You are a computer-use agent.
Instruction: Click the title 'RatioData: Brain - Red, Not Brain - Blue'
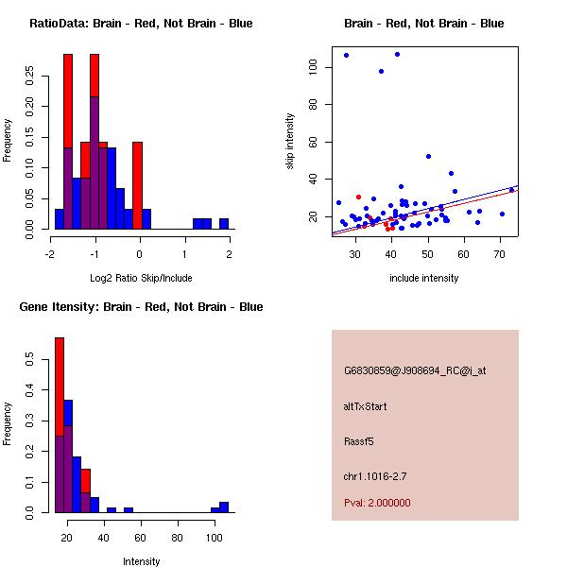141,24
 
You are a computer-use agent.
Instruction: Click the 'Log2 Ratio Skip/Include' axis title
141,278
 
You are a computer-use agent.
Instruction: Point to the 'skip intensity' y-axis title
291,141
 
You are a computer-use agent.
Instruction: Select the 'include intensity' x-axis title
424,278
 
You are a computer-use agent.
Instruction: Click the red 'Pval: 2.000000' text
377,503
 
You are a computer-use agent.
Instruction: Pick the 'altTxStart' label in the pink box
365,407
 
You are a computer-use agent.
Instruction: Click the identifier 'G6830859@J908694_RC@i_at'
415,371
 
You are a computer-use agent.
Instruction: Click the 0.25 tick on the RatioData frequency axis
29,77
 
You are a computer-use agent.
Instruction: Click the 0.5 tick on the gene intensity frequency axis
29,360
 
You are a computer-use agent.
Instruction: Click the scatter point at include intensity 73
511,190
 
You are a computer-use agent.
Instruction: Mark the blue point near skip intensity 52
428,157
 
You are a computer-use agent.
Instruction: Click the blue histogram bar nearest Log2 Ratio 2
224,224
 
